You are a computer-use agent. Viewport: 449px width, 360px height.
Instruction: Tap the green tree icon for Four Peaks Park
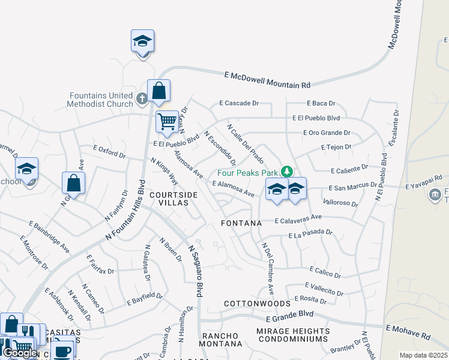pyautogui.click(x=287, y=172)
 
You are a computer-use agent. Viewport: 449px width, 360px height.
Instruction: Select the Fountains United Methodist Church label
pyautogui.click(x=101, y=100)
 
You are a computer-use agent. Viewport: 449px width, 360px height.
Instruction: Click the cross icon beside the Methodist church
pyautogui.click(x=142, y=98)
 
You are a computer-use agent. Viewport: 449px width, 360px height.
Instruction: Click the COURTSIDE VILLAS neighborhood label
pyautogui.click(x=173, y=199)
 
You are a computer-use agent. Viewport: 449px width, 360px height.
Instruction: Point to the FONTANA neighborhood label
pyautogui.click(x=241, y=223)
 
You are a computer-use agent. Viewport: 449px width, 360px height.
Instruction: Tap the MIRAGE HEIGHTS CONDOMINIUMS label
pyautogui.click(x=293, y=335)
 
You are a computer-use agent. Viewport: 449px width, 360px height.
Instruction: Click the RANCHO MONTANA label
pyautogui.click(x=221, y=340)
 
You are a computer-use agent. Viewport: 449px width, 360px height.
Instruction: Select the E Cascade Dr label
pyautogui.click(x=239, y=103)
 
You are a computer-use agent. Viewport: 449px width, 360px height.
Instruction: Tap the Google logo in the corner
pyautogui.click(x=20, y=352)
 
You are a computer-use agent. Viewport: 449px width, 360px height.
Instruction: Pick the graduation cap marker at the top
pyautogui.click(x=142, y=41)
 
